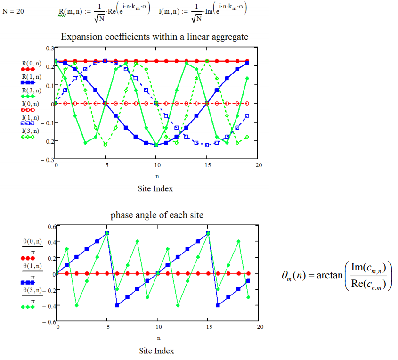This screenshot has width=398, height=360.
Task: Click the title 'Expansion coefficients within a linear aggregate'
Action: click(154, 36)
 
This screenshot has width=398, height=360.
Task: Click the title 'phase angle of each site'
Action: click(157, 215)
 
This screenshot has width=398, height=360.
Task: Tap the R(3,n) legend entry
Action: click(31, 90)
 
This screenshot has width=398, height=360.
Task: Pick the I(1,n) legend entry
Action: click(31, 117)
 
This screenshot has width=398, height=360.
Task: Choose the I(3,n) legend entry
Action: click(31, 131)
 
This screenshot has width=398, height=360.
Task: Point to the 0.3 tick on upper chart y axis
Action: click(50, 48)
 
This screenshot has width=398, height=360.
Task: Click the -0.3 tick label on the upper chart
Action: click(49, 160)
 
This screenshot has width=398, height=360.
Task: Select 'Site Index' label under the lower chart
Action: click(157, 351)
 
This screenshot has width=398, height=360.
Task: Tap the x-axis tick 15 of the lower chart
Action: click(208, 326)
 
